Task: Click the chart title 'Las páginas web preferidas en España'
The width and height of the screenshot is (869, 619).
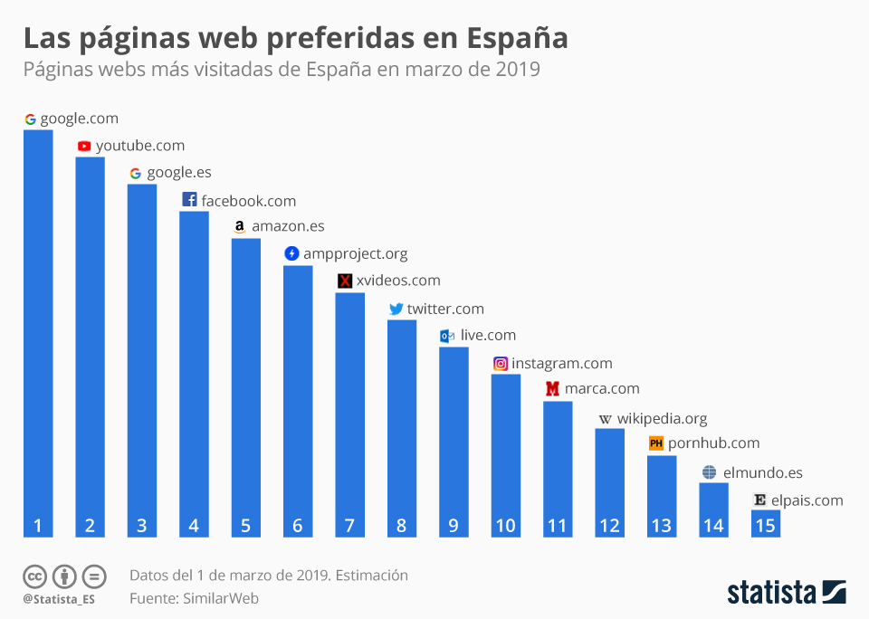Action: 295,38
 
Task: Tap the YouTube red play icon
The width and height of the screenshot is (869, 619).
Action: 84,146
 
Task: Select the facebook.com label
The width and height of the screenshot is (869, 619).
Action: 248,201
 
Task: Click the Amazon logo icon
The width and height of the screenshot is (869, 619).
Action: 239,227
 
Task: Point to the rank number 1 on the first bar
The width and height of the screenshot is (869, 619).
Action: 38,526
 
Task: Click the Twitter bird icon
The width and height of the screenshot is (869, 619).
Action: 396,309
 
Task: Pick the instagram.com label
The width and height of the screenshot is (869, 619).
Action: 561,364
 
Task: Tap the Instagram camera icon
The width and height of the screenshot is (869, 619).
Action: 500,364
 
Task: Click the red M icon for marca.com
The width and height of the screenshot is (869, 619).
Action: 552,389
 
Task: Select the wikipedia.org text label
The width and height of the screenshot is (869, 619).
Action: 662,419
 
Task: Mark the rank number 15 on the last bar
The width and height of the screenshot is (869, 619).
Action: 765,526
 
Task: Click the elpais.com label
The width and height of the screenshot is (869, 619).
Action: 807,500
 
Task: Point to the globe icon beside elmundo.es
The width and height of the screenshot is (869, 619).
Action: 709,472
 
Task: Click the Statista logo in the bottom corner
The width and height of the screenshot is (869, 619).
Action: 786,593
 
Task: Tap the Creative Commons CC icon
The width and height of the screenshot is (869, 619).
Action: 34,576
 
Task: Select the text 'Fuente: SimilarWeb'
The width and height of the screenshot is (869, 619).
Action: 194,598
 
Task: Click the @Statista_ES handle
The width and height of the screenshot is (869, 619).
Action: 59,599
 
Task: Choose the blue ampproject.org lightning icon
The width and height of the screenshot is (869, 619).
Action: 291,253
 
